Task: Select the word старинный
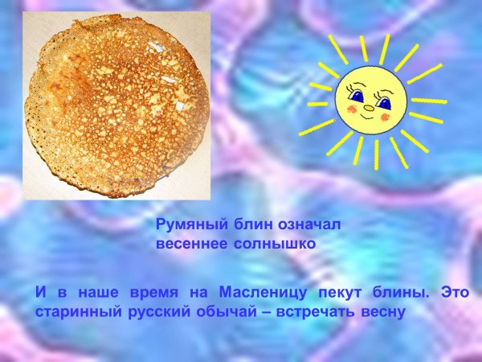pos(74,311)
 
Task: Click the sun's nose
pos(369,108)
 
